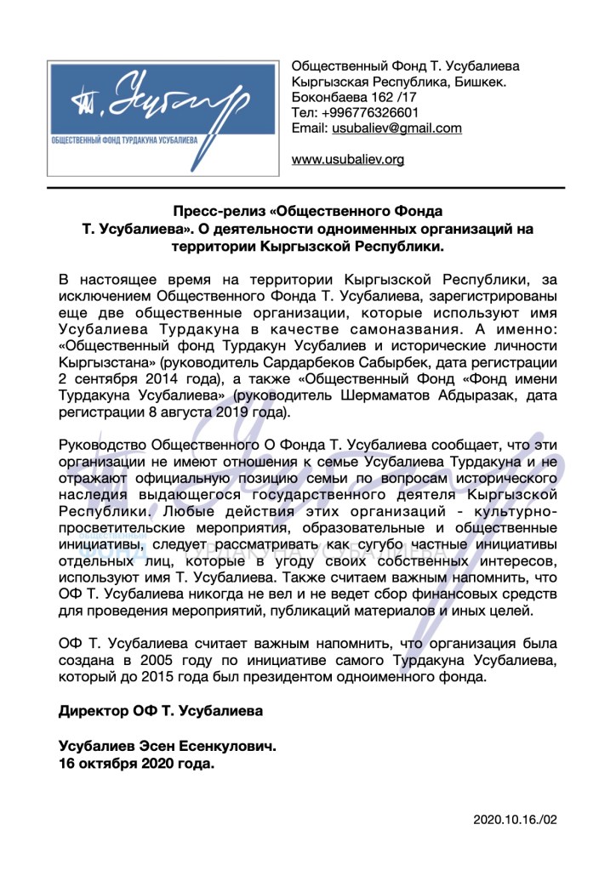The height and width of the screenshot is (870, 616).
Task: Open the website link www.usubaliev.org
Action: [x=347, y=159]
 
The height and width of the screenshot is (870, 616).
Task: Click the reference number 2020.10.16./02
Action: [x=515, y=820]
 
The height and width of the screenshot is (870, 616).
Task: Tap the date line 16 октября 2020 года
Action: [x=136, y=763]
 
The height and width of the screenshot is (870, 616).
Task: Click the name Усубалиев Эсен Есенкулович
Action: [x=167, y=746]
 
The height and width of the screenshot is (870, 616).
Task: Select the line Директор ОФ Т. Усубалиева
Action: [x=161, y=709]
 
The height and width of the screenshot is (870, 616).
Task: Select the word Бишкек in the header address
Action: [x=479, y=82]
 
